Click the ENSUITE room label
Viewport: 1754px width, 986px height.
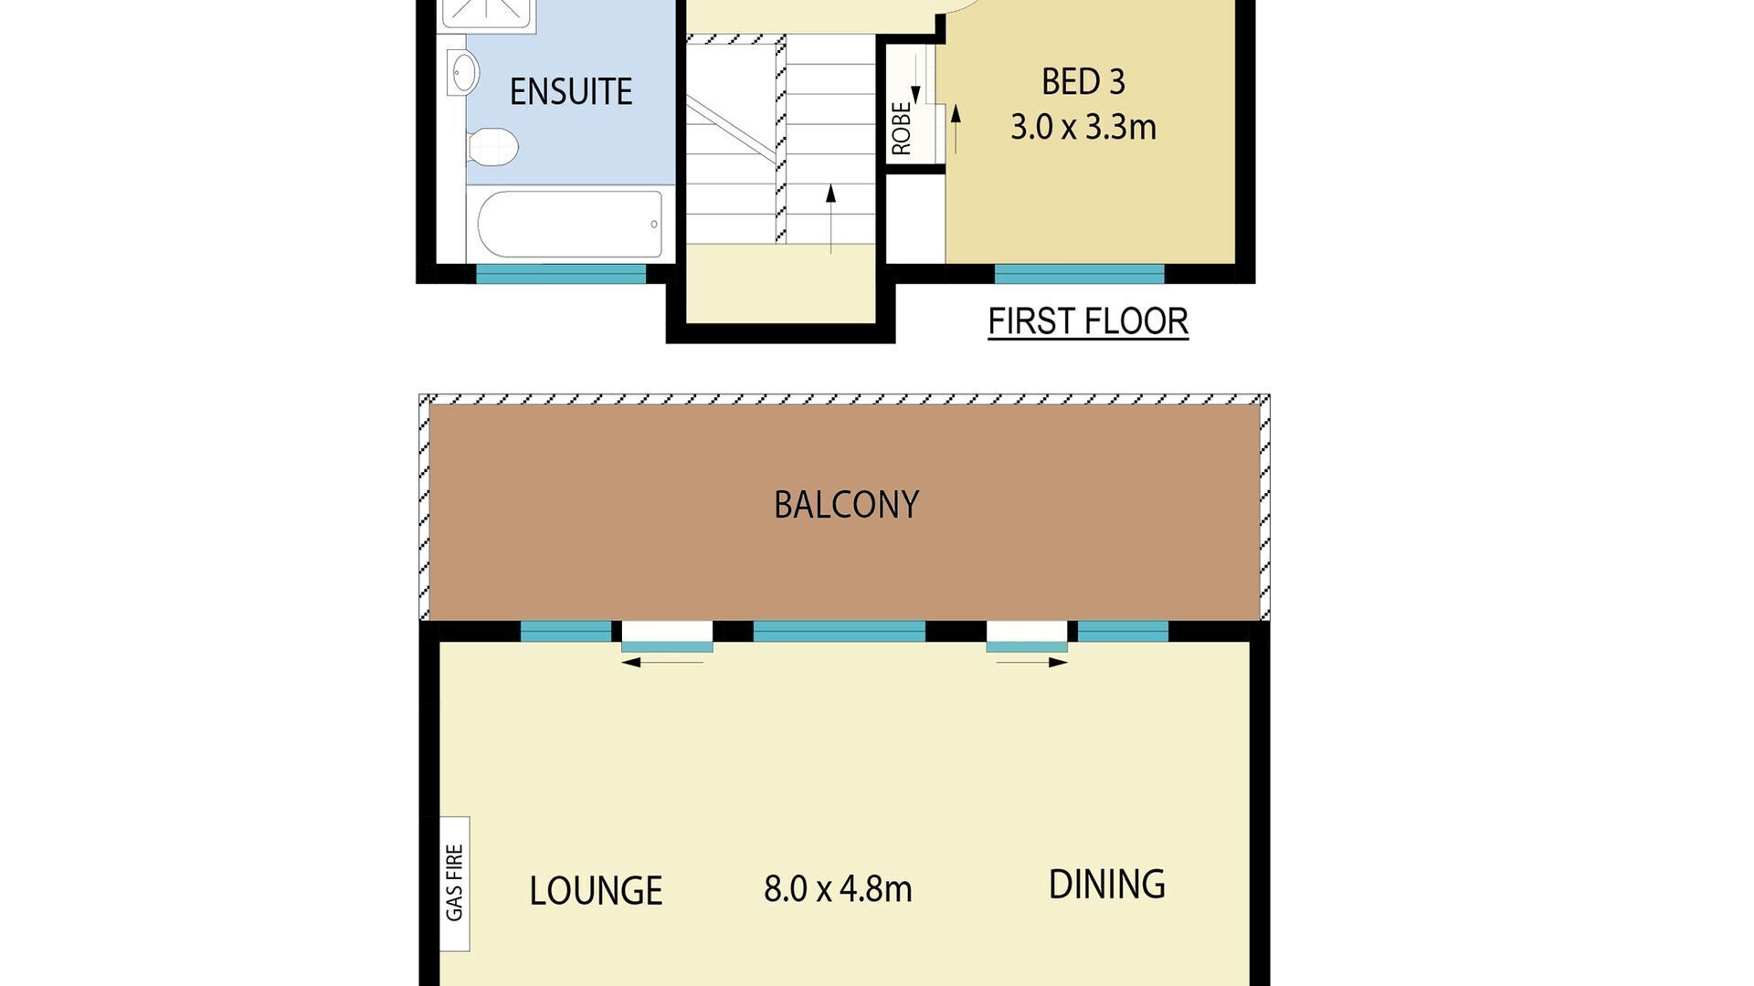click(x=570, y=91)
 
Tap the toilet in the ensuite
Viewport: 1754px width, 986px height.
click(x=492, y=146)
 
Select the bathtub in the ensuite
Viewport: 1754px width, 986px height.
click(x=568, y=225)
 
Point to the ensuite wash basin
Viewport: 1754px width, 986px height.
click(x=463, y=72)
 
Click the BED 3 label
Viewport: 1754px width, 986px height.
click(x=1083, y=82)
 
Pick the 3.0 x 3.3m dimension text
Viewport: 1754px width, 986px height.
click(x=1083, y=127)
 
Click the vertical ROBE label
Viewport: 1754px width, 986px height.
click(x=901, y=128)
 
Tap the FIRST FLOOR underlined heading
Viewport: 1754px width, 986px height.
click(x=1088, y=321)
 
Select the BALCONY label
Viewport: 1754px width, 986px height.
click(x=846, y=505)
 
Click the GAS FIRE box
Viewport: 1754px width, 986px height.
click(x=454, y=883)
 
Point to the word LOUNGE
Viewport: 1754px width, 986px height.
click(x=596, y=891)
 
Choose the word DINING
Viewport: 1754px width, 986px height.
click(x=1106, y=885)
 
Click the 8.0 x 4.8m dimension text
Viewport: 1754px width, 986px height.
click(x=838, y=888)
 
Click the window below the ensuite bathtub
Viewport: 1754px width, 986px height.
click(x=561, y=273)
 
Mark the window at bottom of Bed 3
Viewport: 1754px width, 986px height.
click(x=1079, y=273)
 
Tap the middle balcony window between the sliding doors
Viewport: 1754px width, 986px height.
click(x=839, y=631)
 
